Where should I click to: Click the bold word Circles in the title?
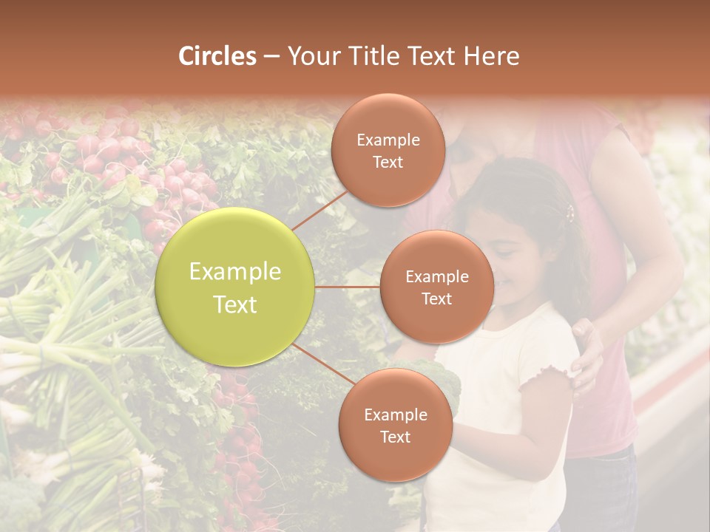(x=217, y=56)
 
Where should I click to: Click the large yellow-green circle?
(x=235, y=287)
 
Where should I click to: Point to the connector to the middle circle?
(x=348, y=287)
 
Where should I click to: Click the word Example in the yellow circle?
(x=235, y=272)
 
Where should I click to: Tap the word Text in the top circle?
(x=388, y=163)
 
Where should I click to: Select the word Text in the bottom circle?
(x=395, y=437)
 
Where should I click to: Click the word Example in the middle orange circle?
(x=436, y=277)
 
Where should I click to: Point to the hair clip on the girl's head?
(x=570, y=214)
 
